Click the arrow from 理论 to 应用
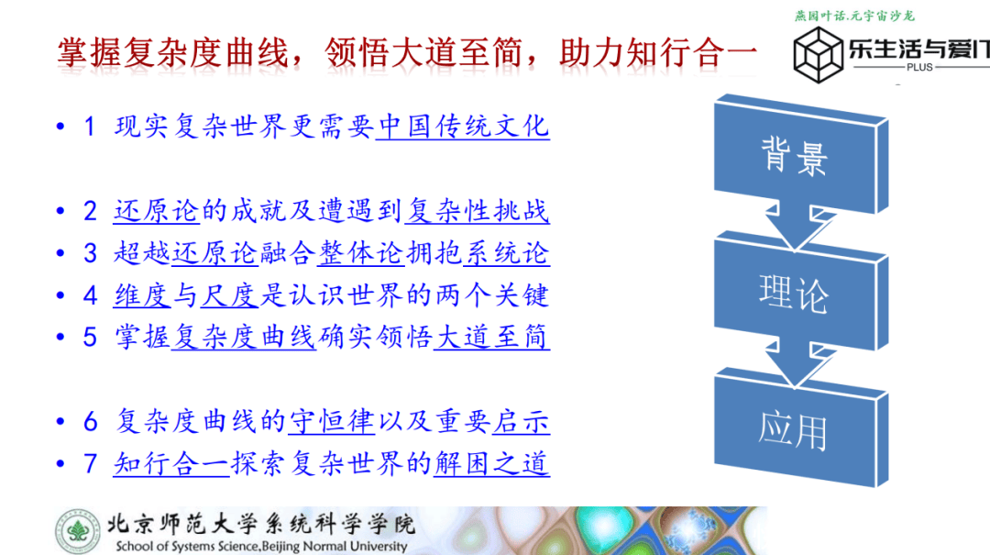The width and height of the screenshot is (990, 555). (x=797, y=363)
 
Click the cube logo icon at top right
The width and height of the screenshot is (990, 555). (x=819, y=55)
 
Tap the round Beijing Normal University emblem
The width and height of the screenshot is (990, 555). (x=78, y=531)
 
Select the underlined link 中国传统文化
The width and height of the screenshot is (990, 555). (x=462, y=127)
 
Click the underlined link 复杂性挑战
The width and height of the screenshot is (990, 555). (x=478, y=210)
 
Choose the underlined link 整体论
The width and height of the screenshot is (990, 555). (x=360, y=253)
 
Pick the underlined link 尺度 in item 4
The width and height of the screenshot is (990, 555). (x=229, y=295)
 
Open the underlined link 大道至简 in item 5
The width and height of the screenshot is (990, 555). (x=491, y=337)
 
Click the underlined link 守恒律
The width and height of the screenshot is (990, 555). (x=332, y=421)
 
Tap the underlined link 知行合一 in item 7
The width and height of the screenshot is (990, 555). (x=171, y=463)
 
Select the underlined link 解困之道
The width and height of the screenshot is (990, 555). (x=491, y=463)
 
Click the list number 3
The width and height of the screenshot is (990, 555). (x=90, y=253)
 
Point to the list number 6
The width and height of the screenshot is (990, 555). (x=90, y=422)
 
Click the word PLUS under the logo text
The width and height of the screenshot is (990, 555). (x=919, y=68)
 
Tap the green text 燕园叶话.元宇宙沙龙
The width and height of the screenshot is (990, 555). (x=854, y=16)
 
